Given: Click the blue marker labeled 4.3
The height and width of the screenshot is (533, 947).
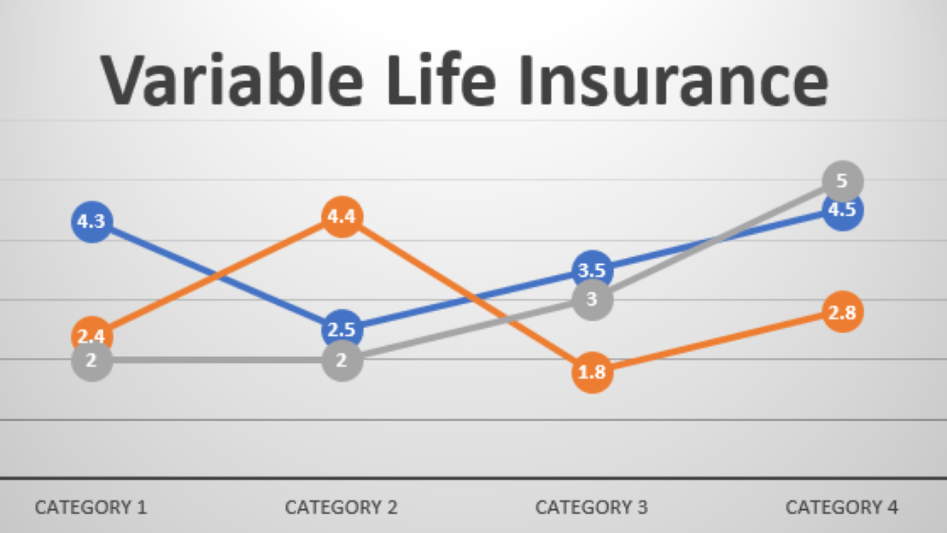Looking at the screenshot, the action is click(x=92, y=222).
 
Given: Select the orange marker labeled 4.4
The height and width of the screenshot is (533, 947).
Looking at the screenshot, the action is click(x=342, y=216).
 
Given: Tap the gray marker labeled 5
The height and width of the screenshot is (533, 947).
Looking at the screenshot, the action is click(x=843, y=181).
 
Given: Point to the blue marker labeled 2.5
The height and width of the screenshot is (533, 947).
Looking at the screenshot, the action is click(x=342, y=330).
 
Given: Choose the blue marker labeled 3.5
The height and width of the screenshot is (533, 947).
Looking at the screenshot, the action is click(x=592, y=270).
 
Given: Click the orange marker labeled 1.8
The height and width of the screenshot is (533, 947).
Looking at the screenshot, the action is click(x=592, y=372).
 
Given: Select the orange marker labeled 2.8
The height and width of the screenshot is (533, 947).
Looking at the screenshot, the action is click(x=843, y=313).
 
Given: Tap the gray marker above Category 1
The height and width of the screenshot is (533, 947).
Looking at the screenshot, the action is click(x=92, y=360).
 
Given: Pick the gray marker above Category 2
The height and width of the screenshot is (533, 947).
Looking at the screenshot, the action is click(x=342, y=360).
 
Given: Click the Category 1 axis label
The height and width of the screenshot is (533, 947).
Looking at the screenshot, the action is click(x=91, y=507).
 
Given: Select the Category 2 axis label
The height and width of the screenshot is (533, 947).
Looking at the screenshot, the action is click(x=342, y=507).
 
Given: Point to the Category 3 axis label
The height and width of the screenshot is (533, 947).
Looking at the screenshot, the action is click(x=591, y=507).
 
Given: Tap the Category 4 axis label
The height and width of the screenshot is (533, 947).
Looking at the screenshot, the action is click(x=842, y=507).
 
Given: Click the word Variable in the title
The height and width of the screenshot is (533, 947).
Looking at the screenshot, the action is click(x=232, y=80).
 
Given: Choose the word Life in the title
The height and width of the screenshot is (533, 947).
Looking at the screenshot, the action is click(x=446, y=80).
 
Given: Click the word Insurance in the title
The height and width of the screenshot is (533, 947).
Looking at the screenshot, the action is click(x=674, y=80).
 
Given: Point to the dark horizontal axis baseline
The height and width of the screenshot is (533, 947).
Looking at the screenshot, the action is click(x=473, y=478).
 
